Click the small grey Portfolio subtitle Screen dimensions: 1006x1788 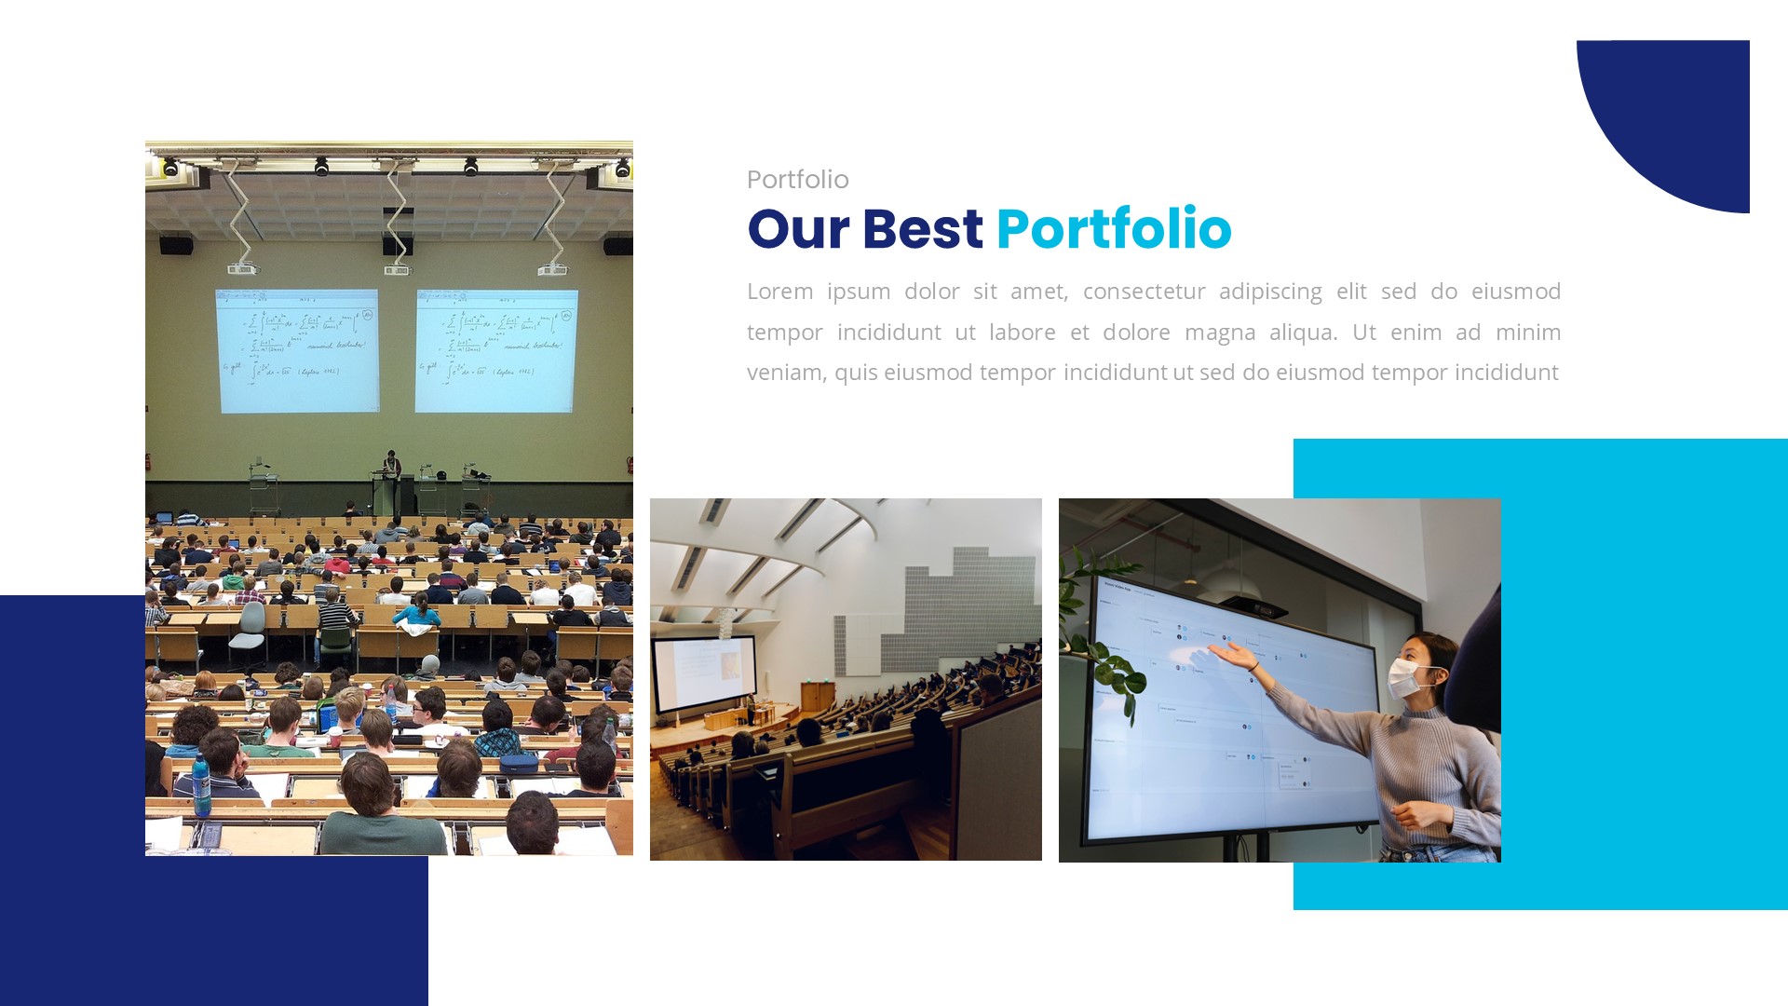[x=797, y=180]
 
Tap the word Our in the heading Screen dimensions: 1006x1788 [x=798, y=229]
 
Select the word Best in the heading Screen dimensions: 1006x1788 [x=922, y=229]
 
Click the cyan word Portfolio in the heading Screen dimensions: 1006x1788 [x=1113, y=229]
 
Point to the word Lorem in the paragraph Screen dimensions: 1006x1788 [x=779, y=292]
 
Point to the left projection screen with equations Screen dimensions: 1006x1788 [x=297, y=350]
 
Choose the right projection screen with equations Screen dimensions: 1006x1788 [x=496, y=350]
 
